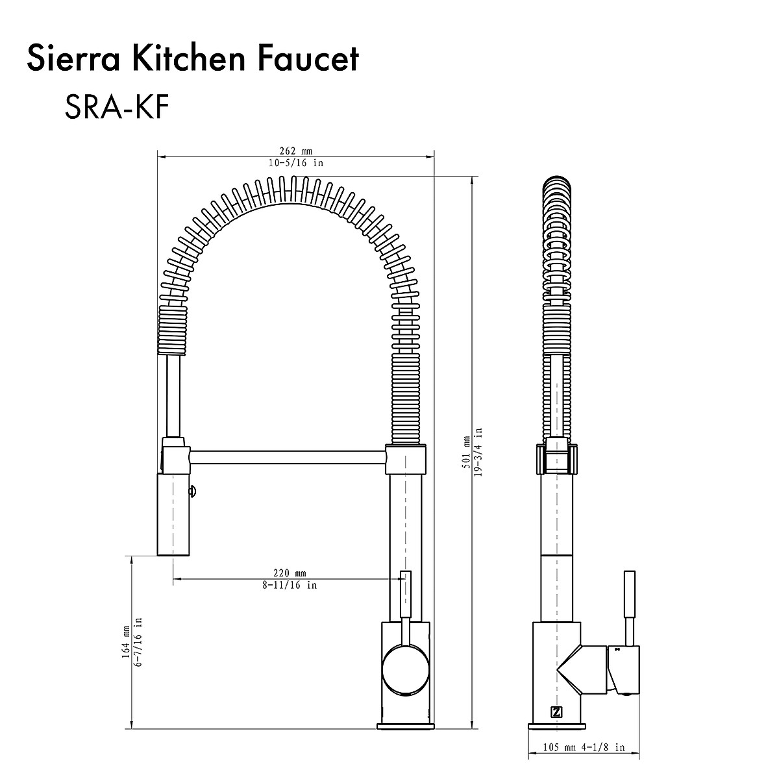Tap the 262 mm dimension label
(x=295, y=151)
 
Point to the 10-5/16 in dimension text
(x=295, y=163)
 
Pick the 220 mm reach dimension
(x=290, y=573)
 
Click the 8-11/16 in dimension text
(x=290, y=585)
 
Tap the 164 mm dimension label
(x=125, y=641)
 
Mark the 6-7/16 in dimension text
(x=138, y=641)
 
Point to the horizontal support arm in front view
(x=289, y=458)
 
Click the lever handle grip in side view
(x=629, y=594)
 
